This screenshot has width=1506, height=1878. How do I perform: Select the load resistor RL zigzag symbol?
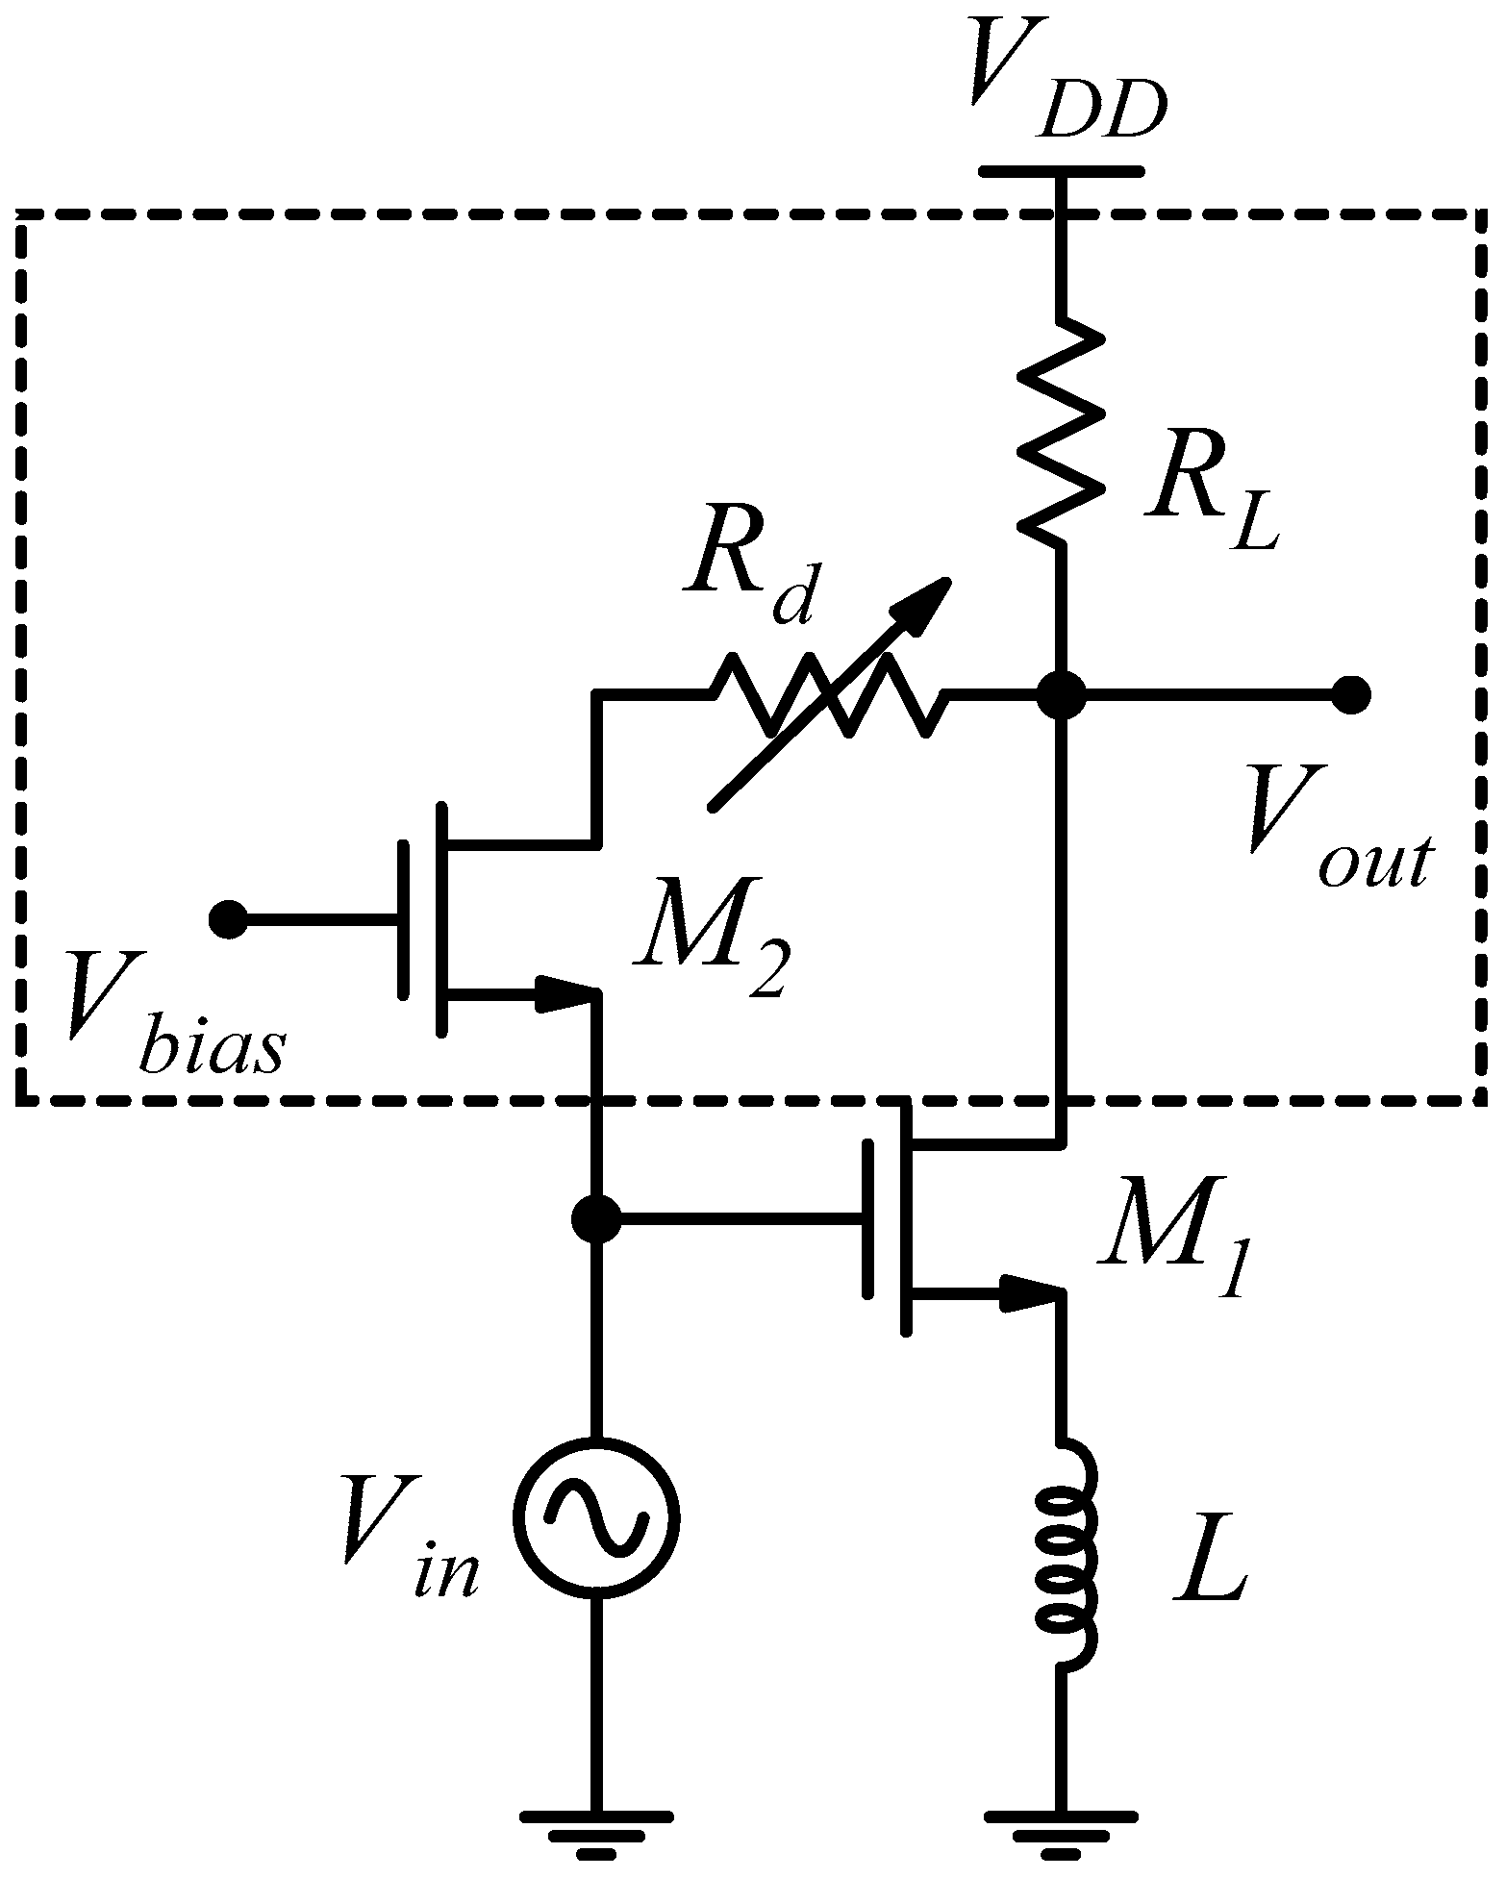coord(1062,433)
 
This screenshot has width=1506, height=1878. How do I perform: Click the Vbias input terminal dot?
coord(228,919)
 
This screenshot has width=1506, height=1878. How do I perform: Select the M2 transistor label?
coord(712,952)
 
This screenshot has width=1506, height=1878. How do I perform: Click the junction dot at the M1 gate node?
coord(596,1219)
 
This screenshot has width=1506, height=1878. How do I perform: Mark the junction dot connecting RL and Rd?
coord(1063,694)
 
